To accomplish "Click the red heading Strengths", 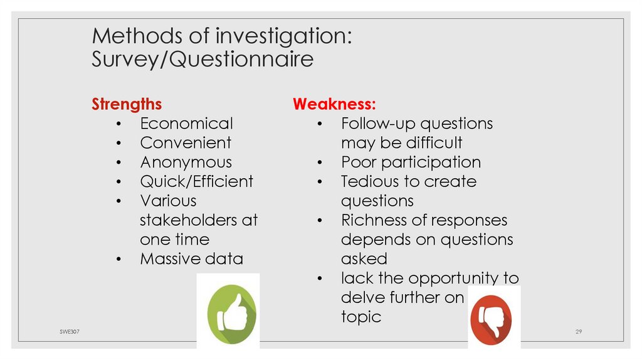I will click(x=127, y=104).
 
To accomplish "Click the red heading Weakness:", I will click(x=334, y=104).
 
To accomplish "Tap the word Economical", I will click(x=186, y=124).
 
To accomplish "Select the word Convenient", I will click(x=186, y=143).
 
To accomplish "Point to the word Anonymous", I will click(x=186, y=162).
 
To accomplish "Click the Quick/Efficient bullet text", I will click(x=196, y=182).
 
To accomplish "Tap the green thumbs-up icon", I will click(x=228, y=311).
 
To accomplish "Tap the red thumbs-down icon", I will click(x=495, y=317).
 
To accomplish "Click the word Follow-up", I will click(x=377, y=124).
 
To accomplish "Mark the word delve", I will click(x=362, y=298).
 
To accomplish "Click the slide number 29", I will click(x=579, y=332).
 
